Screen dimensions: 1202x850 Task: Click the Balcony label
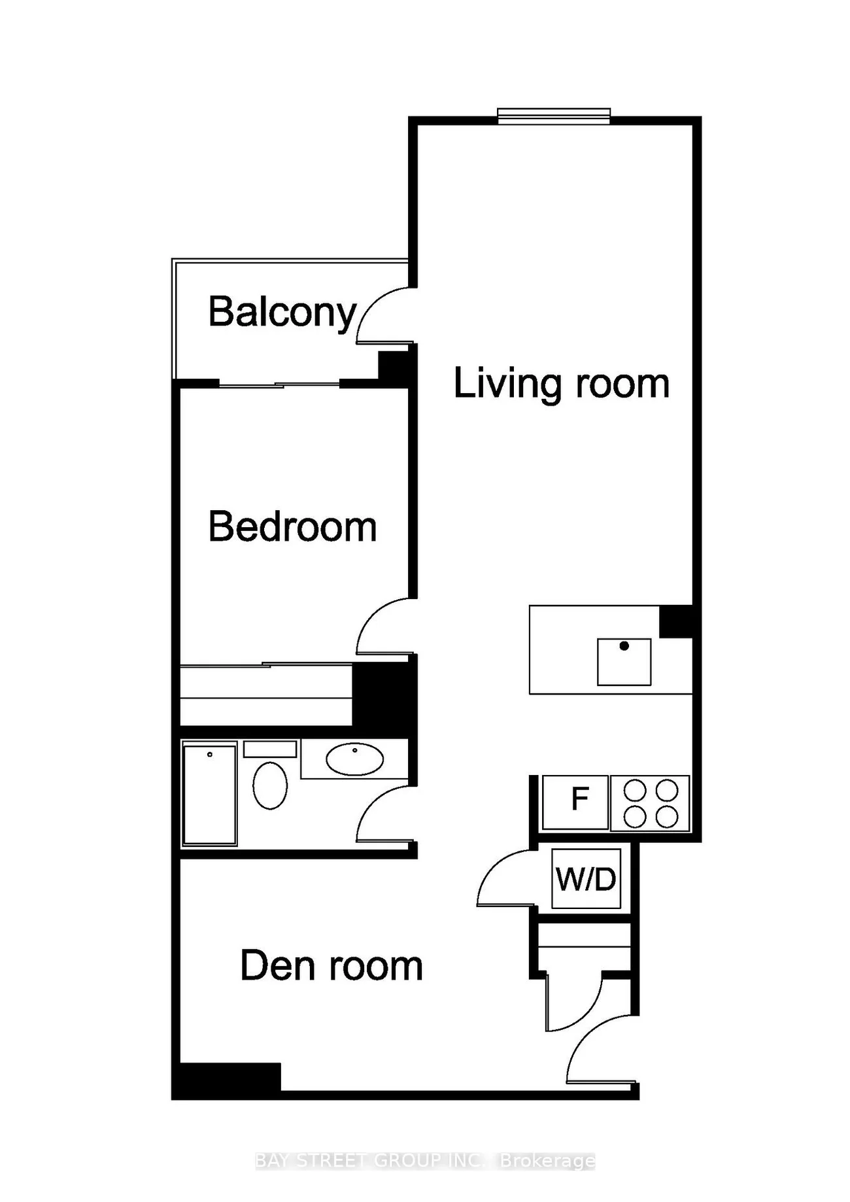tap(282, 313)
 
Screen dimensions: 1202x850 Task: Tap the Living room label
tap(561, 383)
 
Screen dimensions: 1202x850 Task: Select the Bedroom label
tap(292, 527)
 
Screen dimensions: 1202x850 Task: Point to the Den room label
tap(331, 966)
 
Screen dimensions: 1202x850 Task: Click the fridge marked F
tap(576, 802)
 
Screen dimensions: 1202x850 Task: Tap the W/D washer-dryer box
tap(586, 879)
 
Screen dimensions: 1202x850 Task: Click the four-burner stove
tap(650, 803)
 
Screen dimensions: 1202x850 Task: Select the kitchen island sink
tap(624, 661)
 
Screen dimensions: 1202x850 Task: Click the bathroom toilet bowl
tap(270, 785)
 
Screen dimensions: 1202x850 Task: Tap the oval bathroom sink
tap(354, 759)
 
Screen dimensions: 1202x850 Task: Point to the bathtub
tap(209, 794)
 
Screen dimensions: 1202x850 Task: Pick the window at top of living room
tap(553, 116)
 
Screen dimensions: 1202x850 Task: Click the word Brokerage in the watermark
tap(547, 1161)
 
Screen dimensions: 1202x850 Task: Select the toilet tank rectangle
tap(270, 749)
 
